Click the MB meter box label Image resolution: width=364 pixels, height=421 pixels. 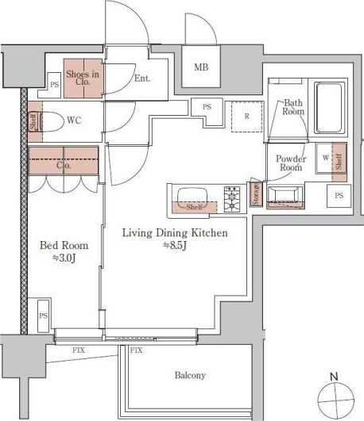coord(201,67)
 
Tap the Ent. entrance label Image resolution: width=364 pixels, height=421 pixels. coord(142,78)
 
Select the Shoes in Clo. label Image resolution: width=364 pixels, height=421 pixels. coord(83,78)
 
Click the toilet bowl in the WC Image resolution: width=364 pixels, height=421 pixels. coord(52,121)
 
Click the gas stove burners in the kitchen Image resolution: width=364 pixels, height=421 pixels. coord(232,199)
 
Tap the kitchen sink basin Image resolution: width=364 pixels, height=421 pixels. coord(192,199)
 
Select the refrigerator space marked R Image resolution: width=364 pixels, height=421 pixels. coord(247,117)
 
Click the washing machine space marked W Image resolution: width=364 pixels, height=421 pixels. coord(325,158)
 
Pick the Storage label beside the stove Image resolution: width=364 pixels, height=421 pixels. coord(256,194)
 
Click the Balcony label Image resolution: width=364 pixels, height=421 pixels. coord(190,375)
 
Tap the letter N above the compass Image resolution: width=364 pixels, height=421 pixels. coord(334,377)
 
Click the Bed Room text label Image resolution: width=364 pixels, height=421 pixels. coord(64,245)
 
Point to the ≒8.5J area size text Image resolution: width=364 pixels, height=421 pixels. coord(176,246)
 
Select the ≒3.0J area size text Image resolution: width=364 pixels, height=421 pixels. coord(64,258)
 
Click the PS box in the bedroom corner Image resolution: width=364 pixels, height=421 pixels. coord(43,316)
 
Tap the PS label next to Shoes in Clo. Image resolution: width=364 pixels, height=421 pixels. coord(54,85)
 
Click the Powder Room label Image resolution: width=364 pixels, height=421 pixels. coord(291,163)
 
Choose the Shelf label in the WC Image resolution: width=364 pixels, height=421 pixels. coord(33,121)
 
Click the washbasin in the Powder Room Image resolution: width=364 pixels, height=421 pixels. coord(285,196)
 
